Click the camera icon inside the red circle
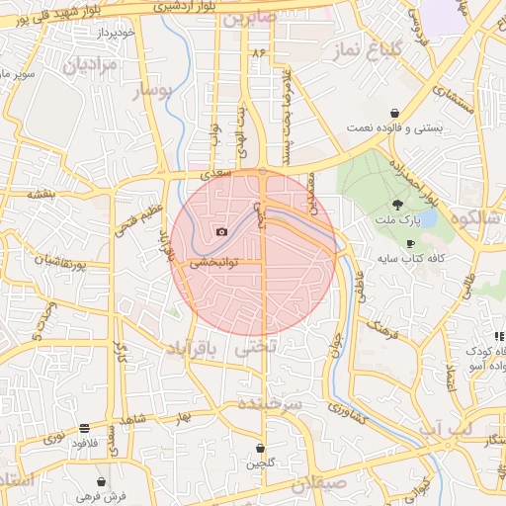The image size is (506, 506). [x=221, y=232]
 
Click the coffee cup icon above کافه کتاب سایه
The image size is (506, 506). [x=410, y=243]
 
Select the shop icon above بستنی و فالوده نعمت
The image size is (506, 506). [x=395, y=113]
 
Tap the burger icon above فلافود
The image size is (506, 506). [x=84, y=429]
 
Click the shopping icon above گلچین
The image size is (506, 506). [x=260, y=448]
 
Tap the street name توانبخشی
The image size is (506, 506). [x=212, y=264]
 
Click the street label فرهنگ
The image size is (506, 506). [x=381, y=330]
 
